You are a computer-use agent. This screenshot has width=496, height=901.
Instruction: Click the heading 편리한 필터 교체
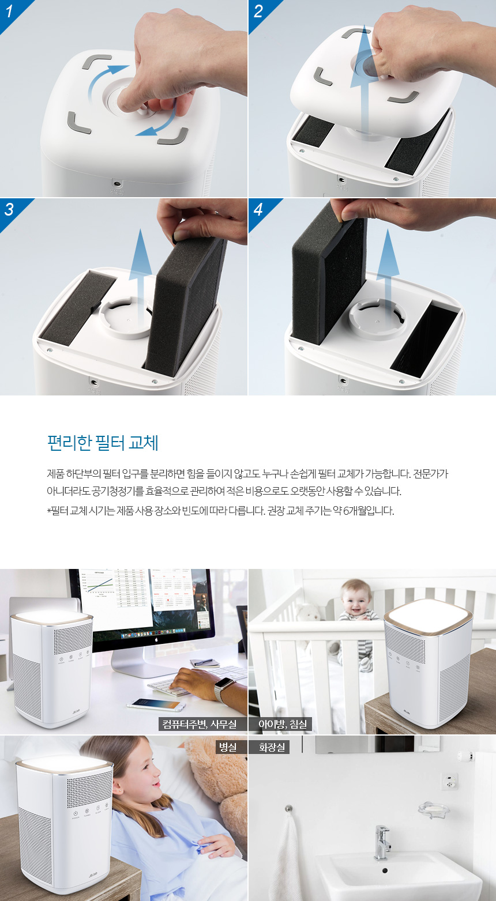103,443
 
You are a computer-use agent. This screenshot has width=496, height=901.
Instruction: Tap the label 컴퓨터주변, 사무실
199,724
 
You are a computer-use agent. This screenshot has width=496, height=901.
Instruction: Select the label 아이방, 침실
283,724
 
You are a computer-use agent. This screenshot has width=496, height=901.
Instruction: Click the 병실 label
228,747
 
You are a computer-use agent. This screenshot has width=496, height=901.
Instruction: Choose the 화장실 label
272,747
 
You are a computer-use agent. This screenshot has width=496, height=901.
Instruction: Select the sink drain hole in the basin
385,870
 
